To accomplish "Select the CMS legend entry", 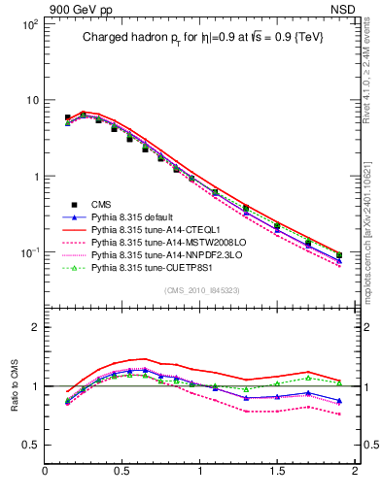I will pos(102,204).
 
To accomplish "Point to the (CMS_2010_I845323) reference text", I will pos(203,290).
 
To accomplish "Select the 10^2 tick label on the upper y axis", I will pos(29,24).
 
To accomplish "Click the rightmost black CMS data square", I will pos(339,254).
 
